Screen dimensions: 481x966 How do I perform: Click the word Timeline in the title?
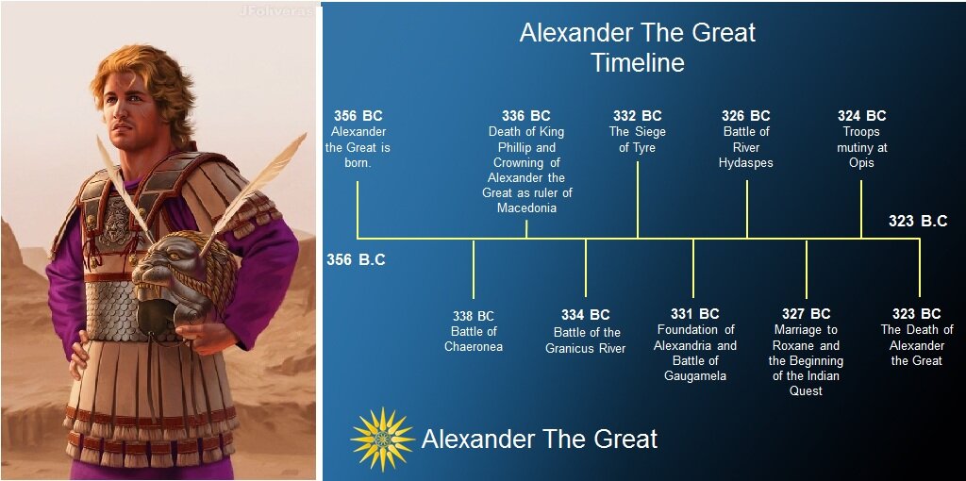pyautogui.click(x=637, y=63)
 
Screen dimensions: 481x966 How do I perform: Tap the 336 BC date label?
pyautogui.click(x=526, y=116)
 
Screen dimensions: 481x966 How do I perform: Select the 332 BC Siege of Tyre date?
pyautogui.click(x=638, y=116)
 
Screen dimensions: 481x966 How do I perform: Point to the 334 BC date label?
pyautogui.click(x=586, y=315)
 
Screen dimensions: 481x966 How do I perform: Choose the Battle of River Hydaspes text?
pyautogui.click(x=746, y=147)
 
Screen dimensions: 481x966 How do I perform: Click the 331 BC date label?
pyautogui.click(x=695, y=314)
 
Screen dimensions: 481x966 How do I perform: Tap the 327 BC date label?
pyautogui.click(x=807, y=314)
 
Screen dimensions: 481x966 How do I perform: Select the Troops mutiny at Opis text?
pyautogui.click(x=861, y=147)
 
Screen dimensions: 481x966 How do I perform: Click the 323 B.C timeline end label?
pyautogui.click(x=917, y=222)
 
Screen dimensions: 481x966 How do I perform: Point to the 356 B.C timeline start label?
pyautogui.click(x=356, y=259)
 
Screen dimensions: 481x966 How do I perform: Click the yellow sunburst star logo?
pyautogui.click(x=382, y=439)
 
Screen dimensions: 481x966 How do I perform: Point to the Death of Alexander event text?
pyautogui.click(x=917, y=345)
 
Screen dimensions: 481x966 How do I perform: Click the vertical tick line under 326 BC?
pyautogui.click(x=747, y=209)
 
